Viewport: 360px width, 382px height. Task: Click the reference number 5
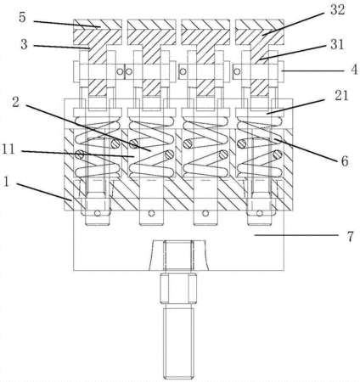point(22,18)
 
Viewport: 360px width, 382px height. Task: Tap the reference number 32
point(337,10)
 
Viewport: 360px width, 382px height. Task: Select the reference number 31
point(337,45)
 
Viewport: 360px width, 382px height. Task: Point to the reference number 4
point(354,70)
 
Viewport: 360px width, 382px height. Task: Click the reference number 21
point(341,96)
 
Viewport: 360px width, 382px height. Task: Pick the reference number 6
point(345,161)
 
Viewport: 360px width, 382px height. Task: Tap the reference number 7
point(351,237)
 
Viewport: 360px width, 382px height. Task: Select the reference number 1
point(7,182)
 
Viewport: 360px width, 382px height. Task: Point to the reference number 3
point(24,44)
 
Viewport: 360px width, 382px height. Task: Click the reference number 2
point(16,102)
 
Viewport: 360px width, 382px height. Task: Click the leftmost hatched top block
point(98,32)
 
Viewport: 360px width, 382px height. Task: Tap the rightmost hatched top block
point(260,32)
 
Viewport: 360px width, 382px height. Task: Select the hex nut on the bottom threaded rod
point(178,289)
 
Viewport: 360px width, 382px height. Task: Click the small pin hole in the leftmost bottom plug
point(98,213)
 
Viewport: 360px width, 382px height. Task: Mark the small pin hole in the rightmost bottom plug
point(260,213)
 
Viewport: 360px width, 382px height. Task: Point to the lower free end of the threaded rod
point(178,378)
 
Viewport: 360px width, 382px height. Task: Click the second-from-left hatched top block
point(152,32)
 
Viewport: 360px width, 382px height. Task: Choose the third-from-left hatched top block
point(205,32)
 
